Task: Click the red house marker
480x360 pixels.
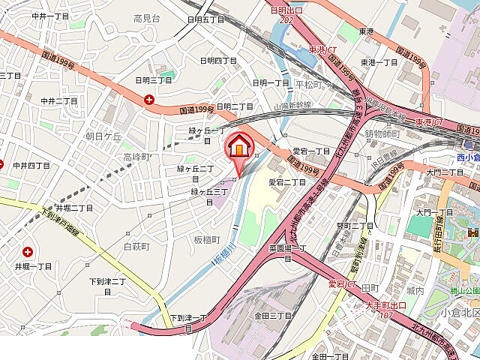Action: (x=238, y=146)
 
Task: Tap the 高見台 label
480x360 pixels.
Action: (x=146, y=18)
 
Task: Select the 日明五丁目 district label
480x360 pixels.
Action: (x=206, y=19)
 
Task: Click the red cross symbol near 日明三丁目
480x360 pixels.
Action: (x=150, y=99)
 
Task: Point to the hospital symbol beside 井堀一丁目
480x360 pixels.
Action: (x=28, y=253)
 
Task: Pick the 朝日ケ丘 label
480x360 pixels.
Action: (x=103, y=136)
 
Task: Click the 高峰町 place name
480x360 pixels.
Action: (x=137, y=157)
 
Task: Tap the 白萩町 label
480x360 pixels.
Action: (x=136, y=246)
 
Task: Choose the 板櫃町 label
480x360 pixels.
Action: (x=206, y=240)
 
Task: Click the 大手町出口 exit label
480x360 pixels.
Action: (x=385, y=305)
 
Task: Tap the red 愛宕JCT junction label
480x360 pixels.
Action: (x=342, y=284)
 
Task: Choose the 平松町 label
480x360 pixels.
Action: (x=307, y=84)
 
